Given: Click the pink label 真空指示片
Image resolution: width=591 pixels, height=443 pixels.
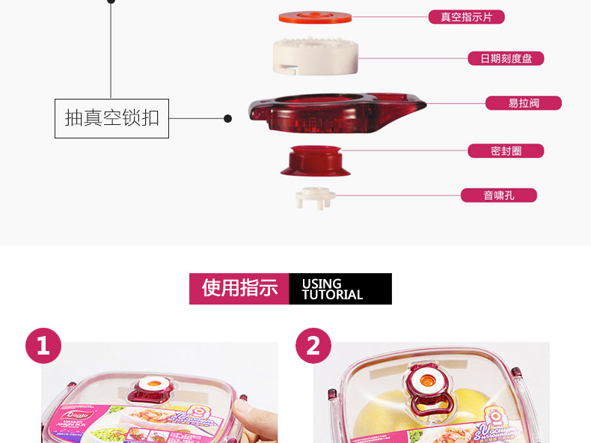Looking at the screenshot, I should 466,17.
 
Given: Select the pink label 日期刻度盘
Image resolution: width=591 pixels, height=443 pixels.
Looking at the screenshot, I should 506,58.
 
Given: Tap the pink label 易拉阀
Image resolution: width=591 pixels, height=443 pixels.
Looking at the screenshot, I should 524,103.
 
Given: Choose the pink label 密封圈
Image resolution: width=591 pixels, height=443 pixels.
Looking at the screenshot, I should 506,151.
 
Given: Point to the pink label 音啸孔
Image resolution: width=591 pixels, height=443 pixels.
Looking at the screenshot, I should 498,196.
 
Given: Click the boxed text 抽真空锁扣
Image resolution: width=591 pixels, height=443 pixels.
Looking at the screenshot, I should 111,118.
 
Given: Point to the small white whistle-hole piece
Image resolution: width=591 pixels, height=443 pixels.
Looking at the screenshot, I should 315,198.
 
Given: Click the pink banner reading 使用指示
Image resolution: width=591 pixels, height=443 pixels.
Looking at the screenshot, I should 239,289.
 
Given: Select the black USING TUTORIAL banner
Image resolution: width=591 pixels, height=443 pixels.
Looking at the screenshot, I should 340,289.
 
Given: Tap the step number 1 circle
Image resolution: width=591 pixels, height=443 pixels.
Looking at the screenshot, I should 43,346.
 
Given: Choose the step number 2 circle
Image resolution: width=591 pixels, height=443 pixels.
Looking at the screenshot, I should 313,346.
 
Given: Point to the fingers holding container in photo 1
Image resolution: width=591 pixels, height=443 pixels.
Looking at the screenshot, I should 251,419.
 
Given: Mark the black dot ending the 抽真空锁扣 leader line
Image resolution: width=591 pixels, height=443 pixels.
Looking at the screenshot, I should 228,118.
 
